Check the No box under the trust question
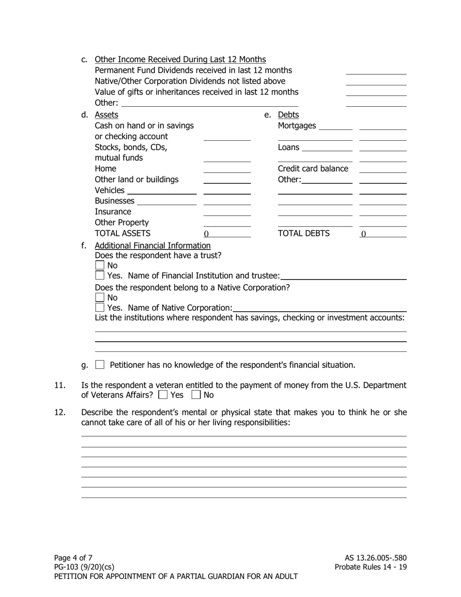[99, 265]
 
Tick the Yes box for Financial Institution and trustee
[99, 276]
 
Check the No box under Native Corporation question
[99, 298]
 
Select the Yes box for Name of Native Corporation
[99, 308]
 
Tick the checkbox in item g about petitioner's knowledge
[100, 365]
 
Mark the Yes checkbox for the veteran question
[163, 395]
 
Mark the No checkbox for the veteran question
[196, 395]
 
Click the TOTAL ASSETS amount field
[227, 233]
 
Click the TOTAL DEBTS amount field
[382, 233]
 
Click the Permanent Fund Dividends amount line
[376, 71]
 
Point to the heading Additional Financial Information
[152, 246]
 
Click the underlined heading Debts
[288, 115]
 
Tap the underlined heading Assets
[106, 115]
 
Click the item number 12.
[60, 413]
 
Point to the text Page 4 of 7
[73, 558]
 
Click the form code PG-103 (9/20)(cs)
[84, 567]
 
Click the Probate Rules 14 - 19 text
[371, 567]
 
